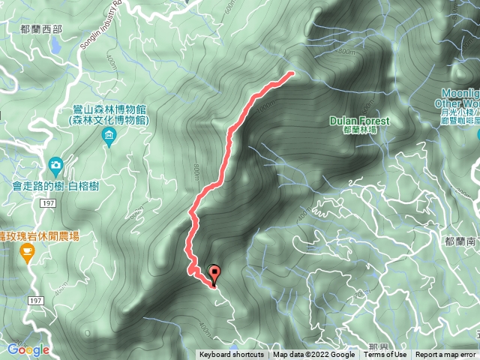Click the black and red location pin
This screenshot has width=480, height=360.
pyautogui.click(x=215, y=275)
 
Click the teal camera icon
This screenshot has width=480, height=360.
pyautogui.click(x=55, y=164)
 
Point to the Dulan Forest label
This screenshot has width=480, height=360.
pyautogui.click(x=360, y=121)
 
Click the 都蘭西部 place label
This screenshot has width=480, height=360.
pyautogui.click(x=43, y=28)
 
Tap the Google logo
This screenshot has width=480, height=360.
pyautogui.click(x=28, y=349)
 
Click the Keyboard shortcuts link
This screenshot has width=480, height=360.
pyautogui.click(x=232, y=355)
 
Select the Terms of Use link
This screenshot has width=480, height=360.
pyautogui.click(x=385, y=355)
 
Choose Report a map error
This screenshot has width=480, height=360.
pyautogui.click(x=446, y=355)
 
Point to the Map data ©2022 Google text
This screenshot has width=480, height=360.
pyautogui.click(x=313, y=355)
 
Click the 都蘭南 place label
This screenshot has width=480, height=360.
pyautogui.click(x=458, y=241)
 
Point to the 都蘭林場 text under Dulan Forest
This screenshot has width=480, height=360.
pyautogui.click(x=358, y=130)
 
